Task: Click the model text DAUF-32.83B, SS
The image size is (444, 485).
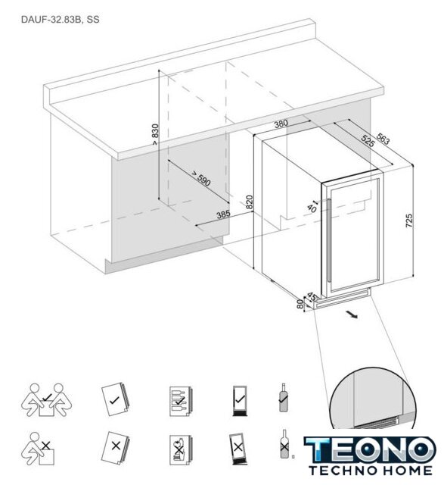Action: [x=61, y=20]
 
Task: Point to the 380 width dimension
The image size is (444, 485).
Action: [x=281, y=124]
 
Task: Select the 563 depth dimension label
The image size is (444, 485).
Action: [x=383, y=139]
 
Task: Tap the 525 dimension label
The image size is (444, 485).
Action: [x=368, y=142]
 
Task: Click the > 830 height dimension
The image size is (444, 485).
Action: [x=155, y=134]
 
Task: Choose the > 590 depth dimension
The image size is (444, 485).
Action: [x=200, y=178]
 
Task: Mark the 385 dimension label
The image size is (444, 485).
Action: [x=223, y=214]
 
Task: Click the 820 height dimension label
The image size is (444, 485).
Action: [x=250, y=202]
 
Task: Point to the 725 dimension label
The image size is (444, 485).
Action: [x=408, y=221]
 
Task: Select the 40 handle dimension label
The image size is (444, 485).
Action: [x=312, y=208]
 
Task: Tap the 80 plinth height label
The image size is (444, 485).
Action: [x=300, y=304]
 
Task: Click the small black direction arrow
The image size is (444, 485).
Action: [x=352, y=315]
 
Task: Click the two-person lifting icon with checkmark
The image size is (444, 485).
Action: [x=47, y=400]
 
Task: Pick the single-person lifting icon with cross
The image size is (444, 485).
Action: [x=38, y=449]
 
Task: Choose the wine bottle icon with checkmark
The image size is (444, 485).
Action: [x=284, y=397]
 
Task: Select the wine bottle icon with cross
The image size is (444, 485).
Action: [x=284, y=444]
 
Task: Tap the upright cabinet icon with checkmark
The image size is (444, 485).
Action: [x=240, y=401]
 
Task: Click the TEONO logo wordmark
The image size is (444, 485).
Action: [x=370, y=449]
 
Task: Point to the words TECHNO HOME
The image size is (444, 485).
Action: [x=370, y=471]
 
